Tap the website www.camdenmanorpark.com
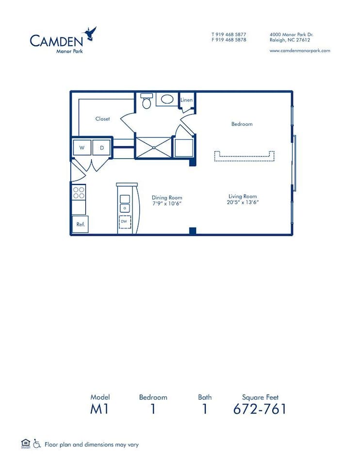[x=300, y=50]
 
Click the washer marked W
[x=82, y=148]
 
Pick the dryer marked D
[x=101, y=148]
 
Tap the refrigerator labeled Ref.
[x=80, y=224]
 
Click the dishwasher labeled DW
[x=125, y=222]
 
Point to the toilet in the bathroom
[x=146, y=102]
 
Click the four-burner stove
[x=79, y=193]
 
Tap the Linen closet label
[x=187, y=100]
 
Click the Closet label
[x=102, y=119]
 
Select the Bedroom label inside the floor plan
[x=242, y=124]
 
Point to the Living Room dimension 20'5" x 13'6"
[x=243, y=202]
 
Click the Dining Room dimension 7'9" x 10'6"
[x=166, y=203]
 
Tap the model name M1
[x=99, y=409]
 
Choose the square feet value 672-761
[x=260, y=409]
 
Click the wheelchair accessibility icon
[x=36, y=443]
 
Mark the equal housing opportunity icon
[x=26, y=443]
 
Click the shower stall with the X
[x=153, y=147]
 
